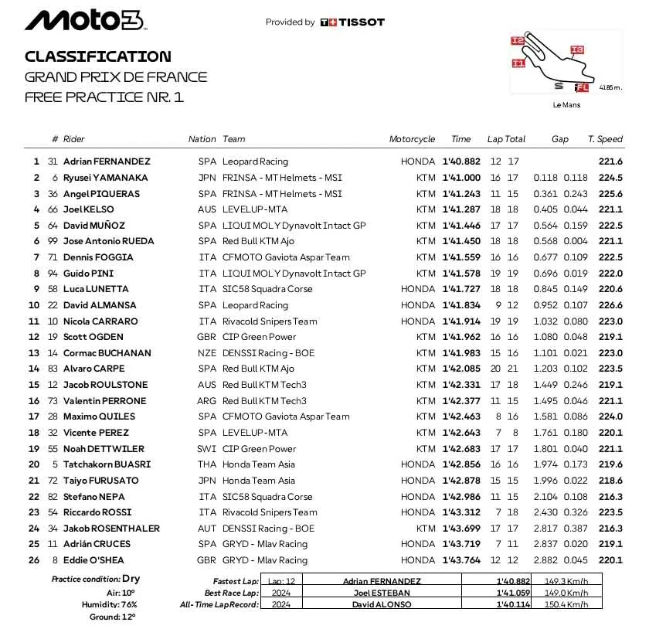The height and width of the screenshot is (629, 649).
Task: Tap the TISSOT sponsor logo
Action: coord(352,22)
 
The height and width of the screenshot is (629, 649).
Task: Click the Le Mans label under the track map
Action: coord(566,104)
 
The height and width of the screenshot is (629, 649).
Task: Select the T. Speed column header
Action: coord(605,139)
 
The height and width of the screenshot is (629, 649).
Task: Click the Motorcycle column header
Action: coord(412,139)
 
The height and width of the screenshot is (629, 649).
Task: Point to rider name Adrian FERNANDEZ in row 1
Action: coord(107,161)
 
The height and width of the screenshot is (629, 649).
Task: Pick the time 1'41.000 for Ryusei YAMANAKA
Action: coord(461,178)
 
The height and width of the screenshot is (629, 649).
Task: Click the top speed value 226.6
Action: coord(610,305)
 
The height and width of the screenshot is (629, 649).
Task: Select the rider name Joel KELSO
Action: coord(88,209)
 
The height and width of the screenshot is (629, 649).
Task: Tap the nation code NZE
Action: coord(208,353)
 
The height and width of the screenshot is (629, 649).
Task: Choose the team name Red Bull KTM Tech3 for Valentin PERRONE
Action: coord(264,401)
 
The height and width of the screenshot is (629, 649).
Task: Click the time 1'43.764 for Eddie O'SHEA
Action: coord(461,560)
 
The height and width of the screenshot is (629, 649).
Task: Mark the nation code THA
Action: coord(208,464)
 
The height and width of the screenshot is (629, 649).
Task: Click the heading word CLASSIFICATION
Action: coord(97,56)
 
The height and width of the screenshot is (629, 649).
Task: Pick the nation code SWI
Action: coord(208,449)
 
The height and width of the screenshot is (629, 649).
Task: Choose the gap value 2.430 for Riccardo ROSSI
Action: coord(545,512)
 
